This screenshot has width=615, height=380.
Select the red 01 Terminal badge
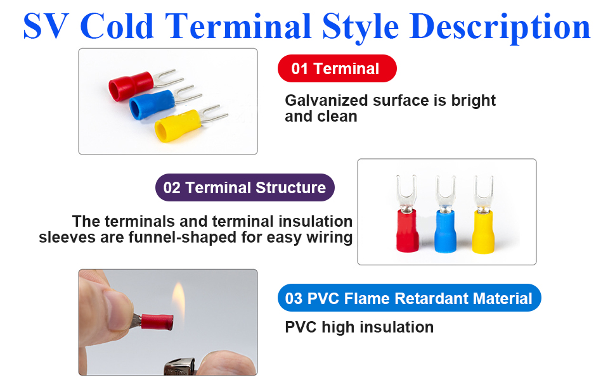[337, 68]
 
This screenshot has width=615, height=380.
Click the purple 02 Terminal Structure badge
[245, 187]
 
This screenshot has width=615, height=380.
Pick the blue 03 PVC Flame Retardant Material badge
[409, 298]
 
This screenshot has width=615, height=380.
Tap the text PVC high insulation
[359, 327]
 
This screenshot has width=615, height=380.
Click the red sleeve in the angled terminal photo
[131, 85]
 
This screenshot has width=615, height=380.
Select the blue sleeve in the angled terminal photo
[152, 104]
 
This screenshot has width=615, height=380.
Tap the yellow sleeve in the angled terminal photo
[178, 125]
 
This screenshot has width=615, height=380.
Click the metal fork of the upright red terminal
[406, 193]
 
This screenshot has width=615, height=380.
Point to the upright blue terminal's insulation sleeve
[445, 231]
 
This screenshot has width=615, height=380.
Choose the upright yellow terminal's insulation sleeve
[483, 232]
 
